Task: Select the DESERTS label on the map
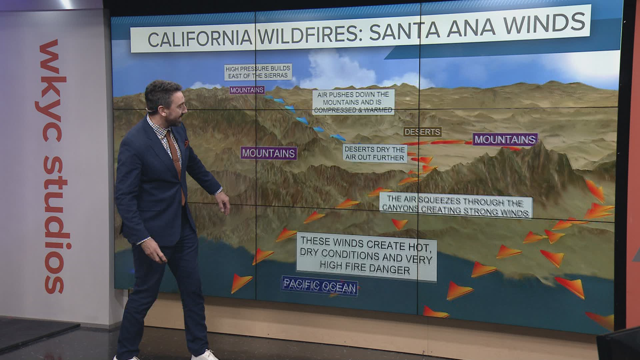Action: pyautogui.click(x=422, y=132)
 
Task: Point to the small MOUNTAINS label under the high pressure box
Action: pyautogui.click(x=247, y=90)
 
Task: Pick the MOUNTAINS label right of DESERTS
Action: pyautogui.click(x=505, y=139)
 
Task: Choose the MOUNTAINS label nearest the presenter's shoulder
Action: pyautogui.click(x=269, y=153)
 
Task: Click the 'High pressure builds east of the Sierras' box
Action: pyautogui.click(x=258, y=72)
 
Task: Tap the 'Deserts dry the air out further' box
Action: pyautogui.click(x=375, y=154)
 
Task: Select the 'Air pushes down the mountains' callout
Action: pyautogui.click(x=353, y=102)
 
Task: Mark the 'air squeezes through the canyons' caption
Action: pyautogui.click(x=456, y=207)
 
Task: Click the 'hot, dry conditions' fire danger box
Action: pyautogui.click(x=366, y=255)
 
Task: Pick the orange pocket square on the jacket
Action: pyautogui.click(x=186, y=143)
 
